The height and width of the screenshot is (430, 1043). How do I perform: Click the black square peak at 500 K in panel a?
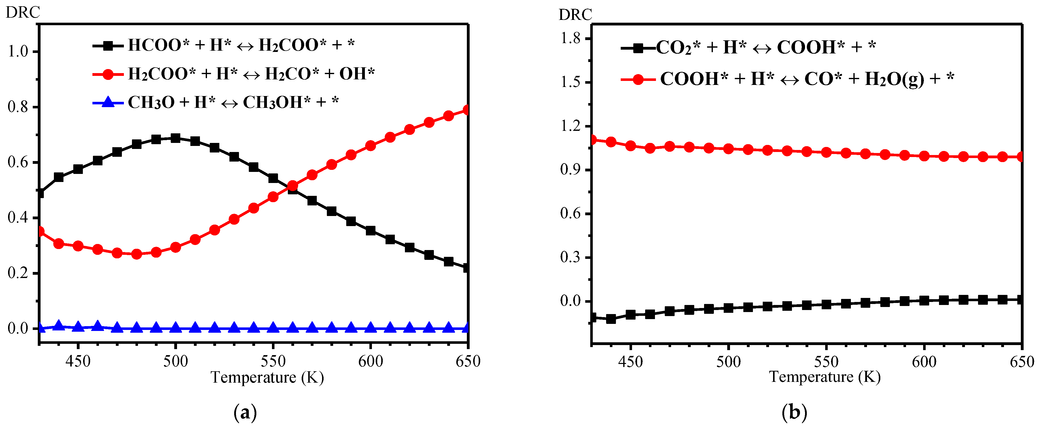click(175, 138)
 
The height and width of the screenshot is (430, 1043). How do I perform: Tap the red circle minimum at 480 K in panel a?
click(136, 254)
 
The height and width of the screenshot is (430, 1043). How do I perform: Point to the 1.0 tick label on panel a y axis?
click(18, 52)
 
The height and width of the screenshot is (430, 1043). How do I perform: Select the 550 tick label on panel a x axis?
click(273, 361)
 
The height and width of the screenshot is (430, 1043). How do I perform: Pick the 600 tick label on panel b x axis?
click(924, 361)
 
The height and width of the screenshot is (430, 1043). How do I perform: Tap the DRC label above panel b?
click(575, 15)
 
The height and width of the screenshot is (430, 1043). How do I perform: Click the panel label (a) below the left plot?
click(245, 413)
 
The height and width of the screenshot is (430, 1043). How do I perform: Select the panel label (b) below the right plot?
click(794, 413)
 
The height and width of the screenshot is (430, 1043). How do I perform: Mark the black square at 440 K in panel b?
click(611, 319)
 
